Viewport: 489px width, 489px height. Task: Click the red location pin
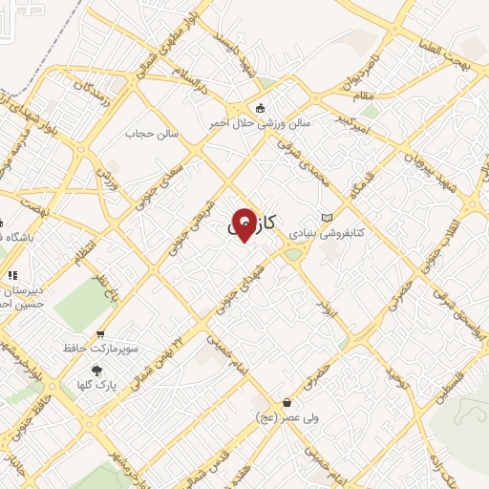(244, 223)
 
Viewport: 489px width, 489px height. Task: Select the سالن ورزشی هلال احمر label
(261, 123)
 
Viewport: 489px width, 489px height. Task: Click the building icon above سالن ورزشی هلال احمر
(261, 107)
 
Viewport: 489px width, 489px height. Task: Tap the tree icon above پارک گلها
(96, 370)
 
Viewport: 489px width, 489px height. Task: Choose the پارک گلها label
(96, 385)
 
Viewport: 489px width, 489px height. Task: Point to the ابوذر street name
(325, 305)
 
